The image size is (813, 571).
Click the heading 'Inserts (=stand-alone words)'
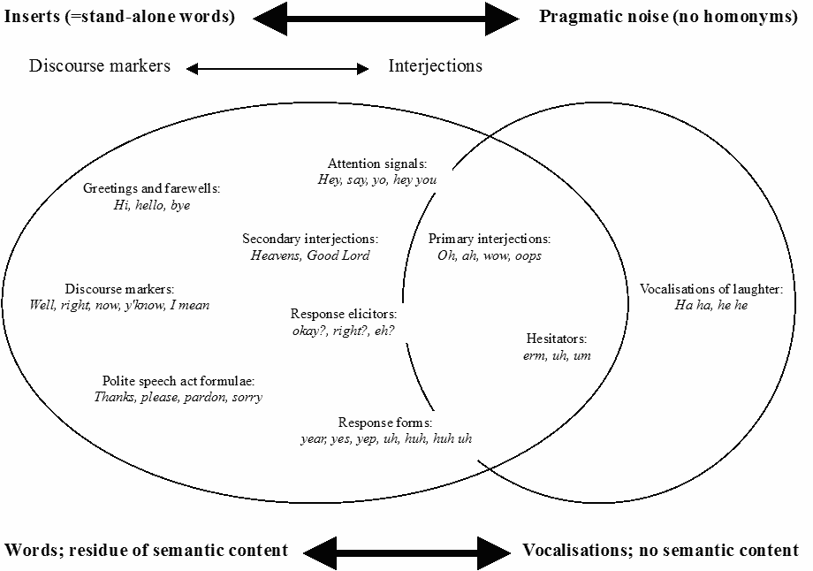[x=120, y=17]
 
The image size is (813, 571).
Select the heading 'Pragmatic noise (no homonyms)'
[x=668, y=17]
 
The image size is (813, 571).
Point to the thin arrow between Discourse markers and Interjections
[x=277, y=68]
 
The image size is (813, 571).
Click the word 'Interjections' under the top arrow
[x=436, y=66]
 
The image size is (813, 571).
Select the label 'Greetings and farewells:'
[x=151, y=188]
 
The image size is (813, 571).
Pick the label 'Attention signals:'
[x=377, y=164]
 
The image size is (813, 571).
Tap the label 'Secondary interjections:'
[x=310, y=239]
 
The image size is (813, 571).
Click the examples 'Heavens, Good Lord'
[x=310, y=255]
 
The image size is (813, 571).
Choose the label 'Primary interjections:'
[x=490, y=239]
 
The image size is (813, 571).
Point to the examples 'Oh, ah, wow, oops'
[x=490, y=255]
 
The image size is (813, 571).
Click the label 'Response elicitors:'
[x=344, y=313]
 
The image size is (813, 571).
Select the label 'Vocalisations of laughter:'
[x=711, y=288]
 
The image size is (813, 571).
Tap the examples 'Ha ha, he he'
[x=711, y=305]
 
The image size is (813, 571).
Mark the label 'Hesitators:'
[x=557, y=339]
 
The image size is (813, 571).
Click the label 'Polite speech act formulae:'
[x=179, y=381]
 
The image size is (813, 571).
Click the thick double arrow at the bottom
[x=406, y=550]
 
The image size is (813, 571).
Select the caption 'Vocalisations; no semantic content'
[x=660, y=550]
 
